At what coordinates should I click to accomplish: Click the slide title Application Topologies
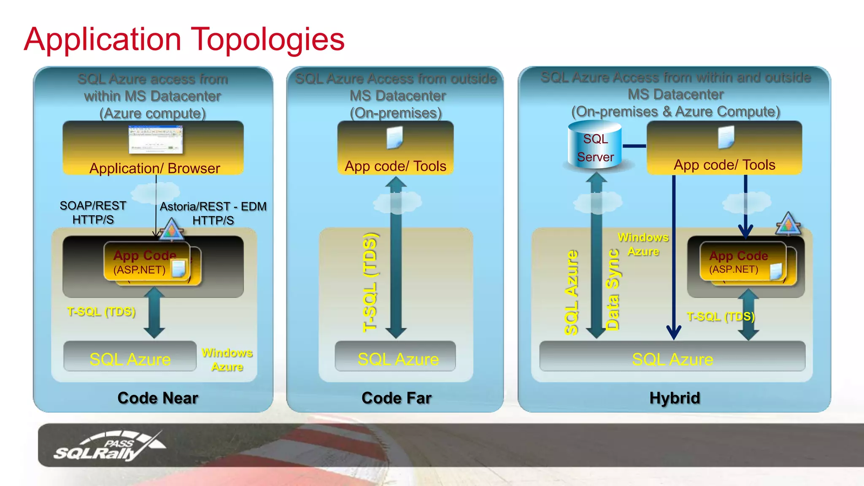[x=184, y=39]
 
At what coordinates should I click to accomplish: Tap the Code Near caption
[x=158, y=398]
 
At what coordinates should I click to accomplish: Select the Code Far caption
[x=396, y=398]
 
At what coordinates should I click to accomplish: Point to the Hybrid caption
[x=675, y=398]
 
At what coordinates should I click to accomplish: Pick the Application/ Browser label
[x=154, y=168]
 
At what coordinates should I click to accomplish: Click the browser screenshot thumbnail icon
[x=156, y=140]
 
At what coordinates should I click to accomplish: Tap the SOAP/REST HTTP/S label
[x=93, y=212]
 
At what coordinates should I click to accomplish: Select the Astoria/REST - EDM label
[x=213, y=207]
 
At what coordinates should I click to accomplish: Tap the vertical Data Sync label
[x=613, y=289]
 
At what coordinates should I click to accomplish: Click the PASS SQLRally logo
[x=110, y=446]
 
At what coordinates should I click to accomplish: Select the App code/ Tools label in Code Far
[x=395, y=166]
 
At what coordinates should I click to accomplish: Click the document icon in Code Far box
[x=395, y=138]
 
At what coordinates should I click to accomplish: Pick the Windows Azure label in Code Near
[x=227, y=359]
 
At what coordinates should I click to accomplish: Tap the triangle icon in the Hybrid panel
[x=788, y=224]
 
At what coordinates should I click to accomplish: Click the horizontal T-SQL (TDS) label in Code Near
[x=101, y=311]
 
